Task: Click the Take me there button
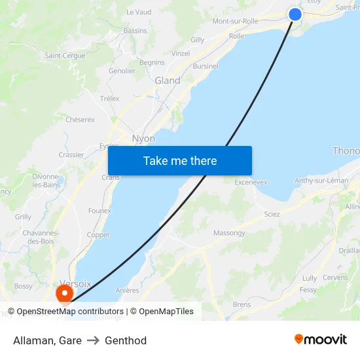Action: pyautogui.click(x=180, y=160)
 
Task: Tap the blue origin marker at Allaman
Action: pyautogui.click(x=295, y=14)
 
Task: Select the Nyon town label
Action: pyautogui.click(x=143, y=139)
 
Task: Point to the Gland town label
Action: pyautogui.click(x=167, y=81)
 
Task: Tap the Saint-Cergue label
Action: pyautogui.click(x=65, y=56)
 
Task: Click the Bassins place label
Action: pyautogui.click(x=135, y=31)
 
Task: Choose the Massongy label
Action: pyautogui.click(x=229, y=233)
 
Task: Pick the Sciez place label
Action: pyautogui.click(x=272, y=214)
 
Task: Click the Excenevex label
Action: pyautogui.click(x=251, y=183)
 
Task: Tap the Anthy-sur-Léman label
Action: pyautogui.click(x=321, y=180)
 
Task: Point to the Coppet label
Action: pyautogui.click(x=98, y=234)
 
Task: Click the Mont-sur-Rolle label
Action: pyautogui.click(x=235, y=21)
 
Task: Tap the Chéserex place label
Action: pyautogui.click(x=80, y=120)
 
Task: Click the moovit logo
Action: pyautogui.click(x=321, y=340)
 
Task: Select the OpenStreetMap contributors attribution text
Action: pyautogui.click(x=70, y=312)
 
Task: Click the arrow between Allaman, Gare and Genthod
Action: pyautogui.click(x=93, y=340)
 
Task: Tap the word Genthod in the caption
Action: pyautogui.click(x=126, y=340)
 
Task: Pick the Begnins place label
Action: pyautogui.click(x=152, y=63)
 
